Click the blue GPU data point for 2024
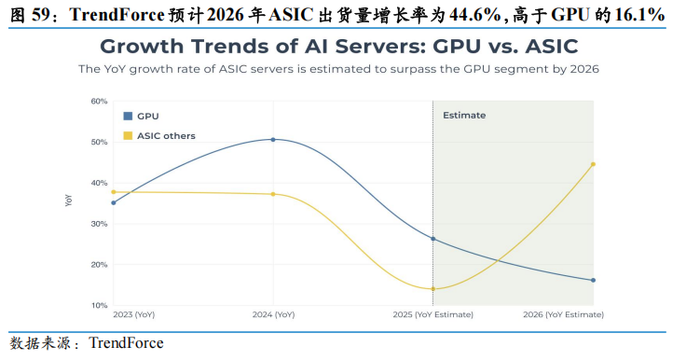coord(273,140)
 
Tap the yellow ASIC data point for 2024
coord(273,194)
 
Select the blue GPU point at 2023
coord(114,202)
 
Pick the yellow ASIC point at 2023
coord(114,192)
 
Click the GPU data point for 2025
coord(433,239)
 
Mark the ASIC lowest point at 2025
coord(433,289)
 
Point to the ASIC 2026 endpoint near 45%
coord(593,164)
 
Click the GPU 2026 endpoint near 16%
coord(593,281)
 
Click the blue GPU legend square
coord(128,116)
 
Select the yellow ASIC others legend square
coord(128,136)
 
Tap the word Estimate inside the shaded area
coord(464,116)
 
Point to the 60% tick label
coord(99,101)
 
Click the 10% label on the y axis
coord(100,305)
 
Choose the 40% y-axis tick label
coord(99,183)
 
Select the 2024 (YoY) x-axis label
coord(273,314)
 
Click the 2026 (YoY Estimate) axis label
coord(564,314)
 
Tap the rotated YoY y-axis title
coord(69,201)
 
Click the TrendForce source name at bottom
coord(126,343)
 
